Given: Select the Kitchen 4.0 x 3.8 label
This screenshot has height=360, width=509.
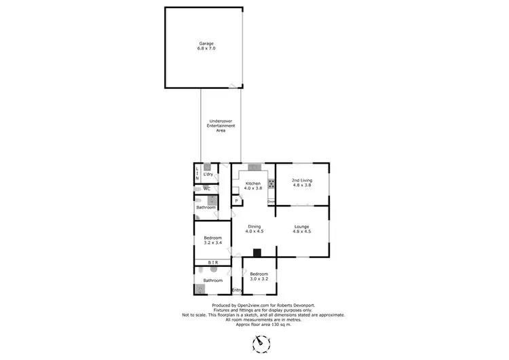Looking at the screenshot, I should point(253,187).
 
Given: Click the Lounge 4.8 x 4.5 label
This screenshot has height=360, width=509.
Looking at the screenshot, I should point(302,229).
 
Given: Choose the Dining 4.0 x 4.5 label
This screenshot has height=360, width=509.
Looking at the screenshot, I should point(254,229).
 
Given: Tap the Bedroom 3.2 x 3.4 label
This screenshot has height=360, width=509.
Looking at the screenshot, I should point(213,240).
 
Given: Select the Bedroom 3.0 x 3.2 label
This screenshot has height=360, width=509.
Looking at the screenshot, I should point(259,276).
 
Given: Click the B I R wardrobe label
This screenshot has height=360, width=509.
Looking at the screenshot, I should point(212,262).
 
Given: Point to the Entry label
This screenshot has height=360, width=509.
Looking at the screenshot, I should point(237,291).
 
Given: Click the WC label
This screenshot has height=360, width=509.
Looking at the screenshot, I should point(206,188).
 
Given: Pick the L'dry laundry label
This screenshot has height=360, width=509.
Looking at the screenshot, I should point(208,174).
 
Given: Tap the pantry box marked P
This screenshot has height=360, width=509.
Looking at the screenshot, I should point(237,201).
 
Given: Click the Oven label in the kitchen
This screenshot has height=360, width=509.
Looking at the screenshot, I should point(270,201).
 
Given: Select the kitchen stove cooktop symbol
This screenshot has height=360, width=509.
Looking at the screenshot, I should point(271,183).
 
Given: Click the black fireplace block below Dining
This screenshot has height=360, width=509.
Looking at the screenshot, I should point(256,253).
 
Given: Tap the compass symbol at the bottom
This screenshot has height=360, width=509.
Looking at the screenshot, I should point(261,345).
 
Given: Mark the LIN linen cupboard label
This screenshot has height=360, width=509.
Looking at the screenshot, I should point(197,173).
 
